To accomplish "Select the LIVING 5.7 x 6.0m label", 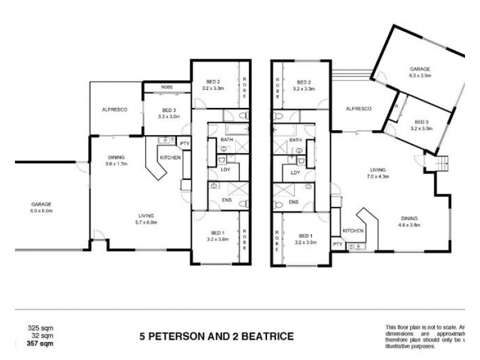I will click(146, 218).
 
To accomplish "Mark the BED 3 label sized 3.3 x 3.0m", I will click(169, 113).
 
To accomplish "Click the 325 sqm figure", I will click(37, 328).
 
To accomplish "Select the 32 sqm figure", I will click(39, 335).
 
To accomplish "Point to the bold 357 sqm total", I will click(37, 343).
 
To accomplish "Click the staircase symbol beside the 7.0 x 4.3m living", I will click(443, 163).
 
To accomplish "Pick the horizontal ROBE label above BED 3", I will click(167, 88).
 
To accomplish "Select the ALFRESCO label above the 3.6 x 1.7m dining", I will click(113, 110).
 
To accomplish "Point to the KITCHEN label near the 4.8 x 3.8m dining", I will click(353, 230).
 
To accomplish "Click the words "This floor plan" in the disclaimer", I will click(401, 326).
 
